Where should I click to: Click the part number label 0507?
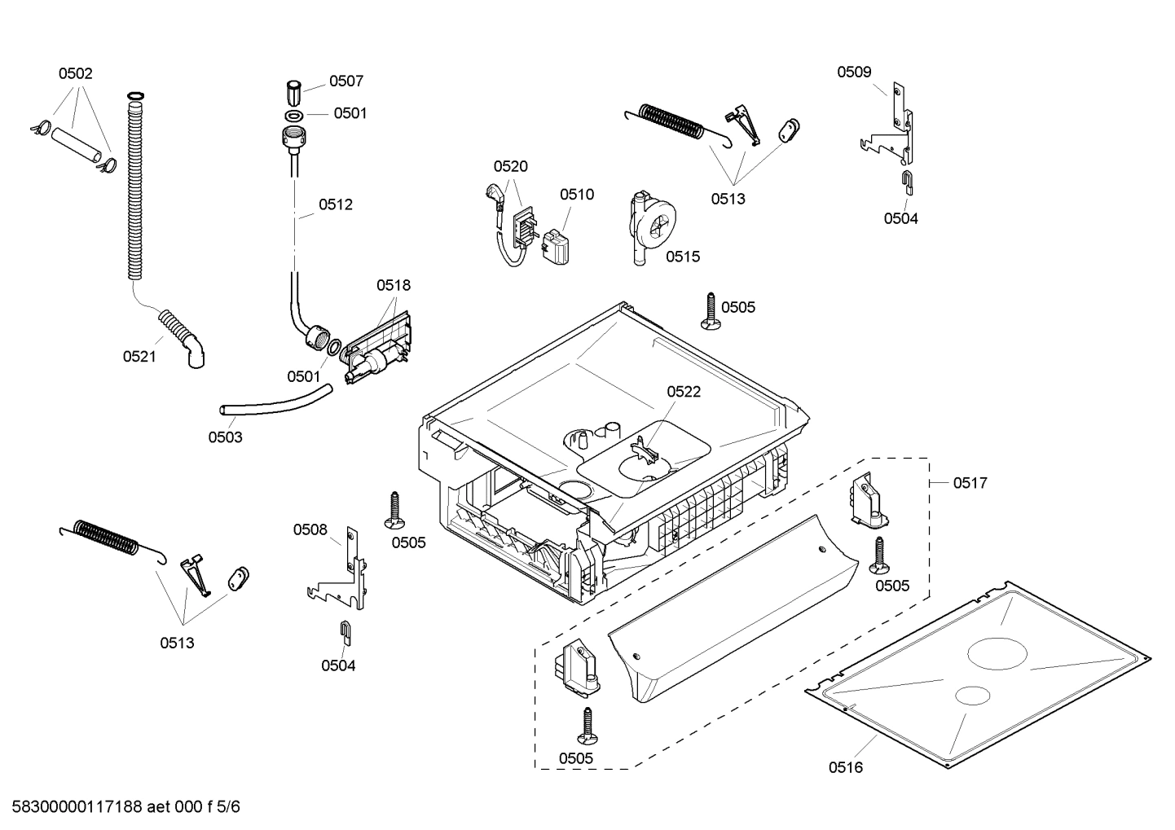(346, 81)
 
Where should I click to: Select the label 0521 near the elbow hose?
(139, 356)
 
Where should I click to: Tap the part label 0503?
(225, 437)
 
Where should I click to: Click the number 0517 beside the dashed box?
(970, 483)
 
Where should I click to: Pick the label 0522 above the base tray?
(684, 392)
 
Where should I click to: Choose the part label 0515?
(683, 257)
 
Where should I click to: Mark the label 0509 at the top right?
(854, 72)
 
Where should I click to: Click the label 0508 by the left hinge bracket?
(310, 529)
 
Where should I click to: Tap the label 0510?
(576, 194)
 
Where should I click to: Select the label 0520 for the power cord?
(510, 166)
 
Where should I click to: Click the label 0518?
(394, 285)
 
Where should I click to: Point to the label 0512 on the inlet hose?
(336, 204)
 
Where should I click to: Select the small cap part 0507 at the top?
(295, 87)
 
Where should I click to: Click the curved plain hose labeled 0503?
(277, 403)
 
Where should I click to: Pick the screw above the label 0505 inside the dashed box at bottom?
(587, 726)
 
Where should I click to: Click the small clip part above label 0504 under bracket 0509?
(907, 182)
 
